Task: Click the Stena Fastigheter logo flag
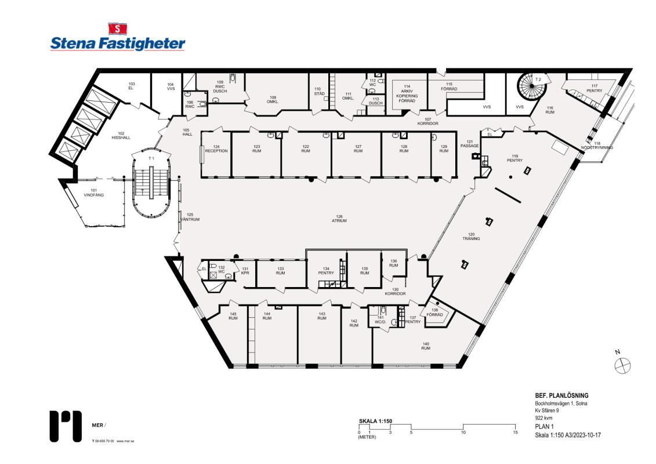118,28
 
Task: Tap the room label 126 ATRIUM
339,219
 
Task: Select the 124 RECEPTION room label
216,148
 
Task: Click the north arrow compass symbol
622,365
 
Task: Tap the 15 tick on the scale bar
515,433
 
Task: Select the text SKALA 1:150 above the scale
376,420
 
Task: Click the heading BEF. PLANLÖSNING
561,396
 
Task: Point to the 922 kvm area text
544,418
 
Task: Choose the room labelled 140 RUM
426,346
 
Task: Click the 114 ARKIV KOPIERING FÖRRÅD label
407,93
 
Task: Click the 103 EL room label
131,86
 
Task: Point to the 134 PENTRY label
326,271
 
